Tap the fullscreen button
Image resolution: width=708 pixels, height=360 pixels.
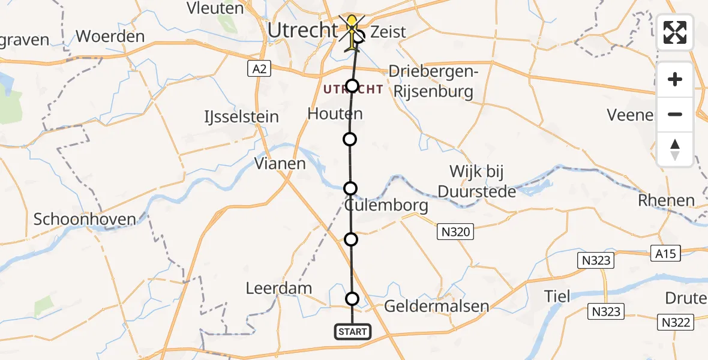(x=675, y=32)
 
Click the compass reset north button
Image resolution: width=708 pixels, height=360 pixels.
(x=675, y=149)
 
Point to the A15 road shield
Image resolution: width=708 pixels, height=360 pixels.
(x=665, y=253)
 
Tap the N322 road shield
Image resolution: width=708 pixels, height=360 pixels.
(x=675, y=322)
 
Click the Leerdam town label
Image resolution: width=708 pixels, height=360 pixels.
(x=279, y=289)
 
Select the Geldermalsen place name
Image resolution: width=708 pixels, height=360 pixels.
(x=436, y=307)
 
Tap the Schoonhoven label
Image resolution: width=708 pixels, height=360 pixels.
(x=85, y=220)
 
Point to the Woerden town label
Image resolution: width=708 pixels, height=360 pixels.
(x=110, y=36)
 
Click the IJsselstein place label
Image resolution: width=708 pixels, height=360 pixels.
(x=242, y=116)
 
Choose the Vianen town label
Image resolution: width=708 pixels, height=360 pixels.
(x=280, y=163)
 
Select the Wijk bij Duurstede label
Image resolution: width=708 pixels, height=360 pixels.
(x=476, y=182)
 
